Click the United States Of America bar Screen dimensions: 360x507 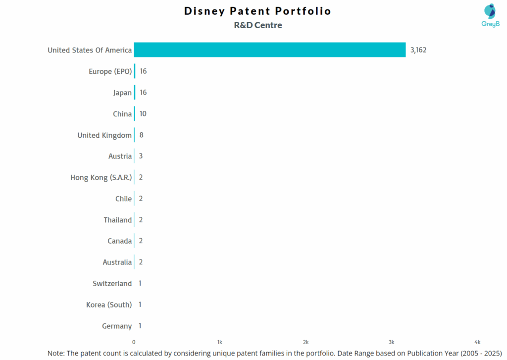(x=270, y=50)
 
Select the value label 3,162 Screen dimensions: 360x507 (x=418, y=50)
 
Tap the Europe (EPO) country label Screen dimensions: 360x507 (x=110, y=71)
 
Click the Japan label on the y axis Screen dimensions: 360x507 (x=122, y=93)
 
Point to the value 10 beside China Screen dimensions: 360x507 (x=143, y=114)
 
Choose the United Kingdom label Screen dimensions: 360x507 (x=104, y=135)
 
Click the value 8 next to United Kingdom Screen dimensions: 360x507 (x=142, y=135)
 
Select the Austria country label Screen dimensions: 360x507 (x=120, y=156)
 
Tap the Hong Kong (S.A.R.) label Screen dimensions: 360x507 (x=101, y=177)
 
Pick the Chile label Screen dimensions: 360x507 (x=123, y=199)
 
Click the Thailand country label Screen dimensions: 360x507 (x=118, y=220)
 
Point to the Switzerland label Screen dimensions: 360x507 (x=112, y=284)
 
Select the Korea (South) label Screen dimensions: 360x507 (x=109, y=305)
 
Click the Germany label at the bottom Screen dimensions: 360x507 (x=117, y=326)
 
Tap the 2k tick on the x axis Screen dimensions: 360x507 (x=306, y=342)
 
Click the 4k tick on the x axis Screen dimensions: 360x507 (x=478, y=342)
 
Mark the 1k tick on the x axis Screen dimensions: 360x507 (x=220, y=342)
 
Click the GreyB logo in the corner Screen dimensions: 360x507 (x=490, y=15)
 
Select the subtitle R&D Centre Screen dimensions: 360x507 (x=258, y=25)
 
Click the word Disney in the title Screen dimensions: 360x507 (x=204, y=11)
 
